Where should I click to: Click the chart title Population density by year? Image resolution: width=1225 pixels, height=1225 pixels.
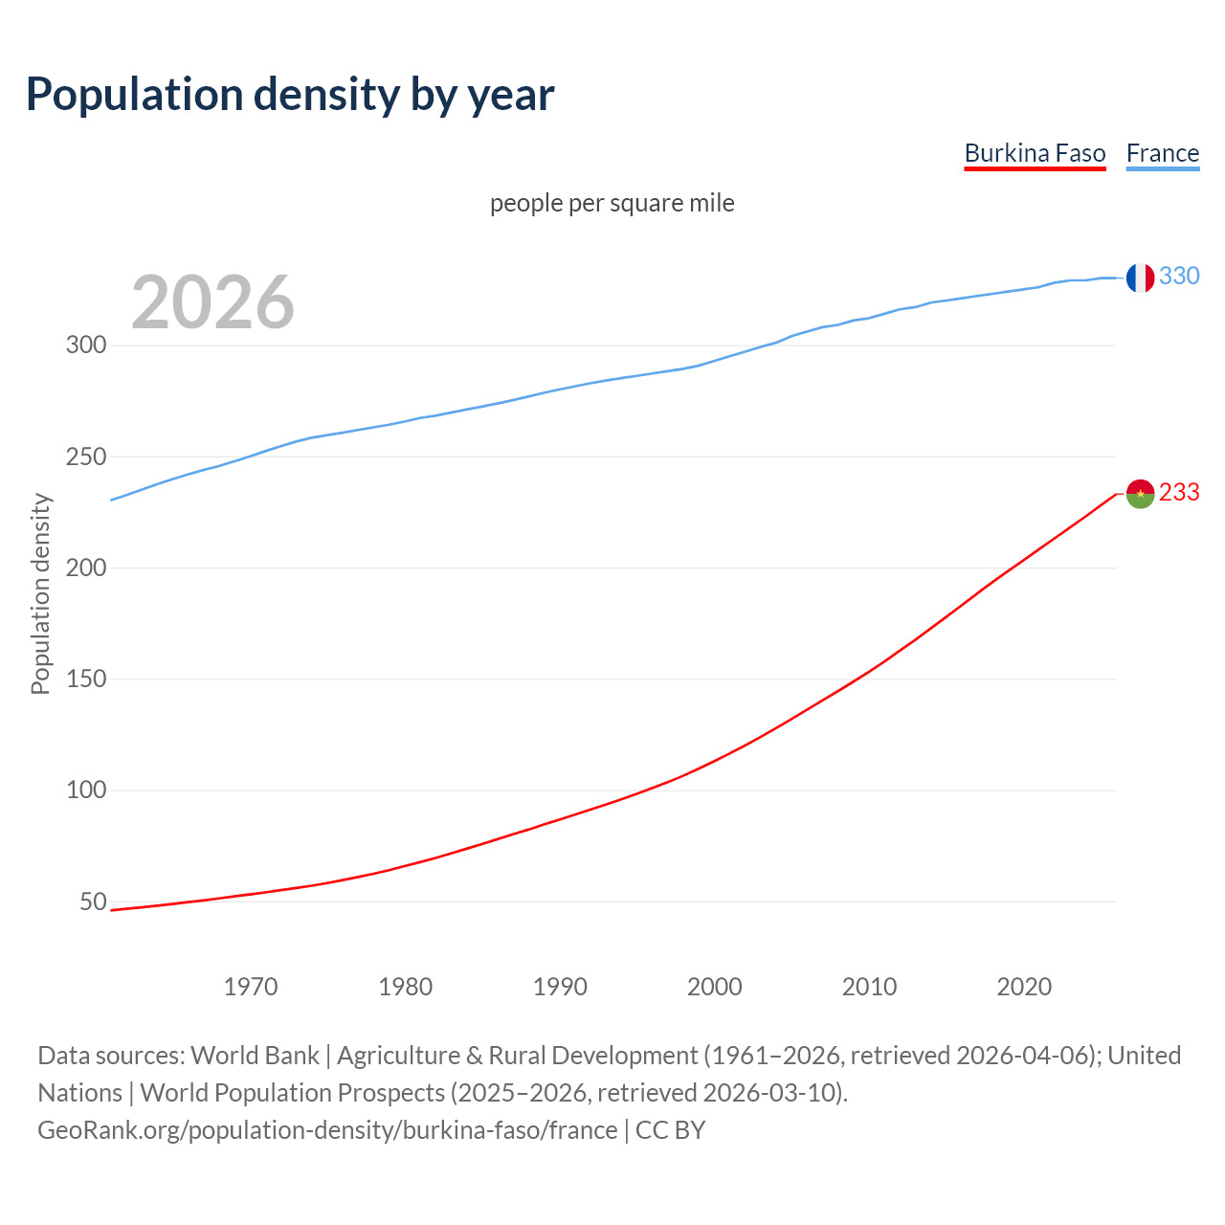coord(290,95)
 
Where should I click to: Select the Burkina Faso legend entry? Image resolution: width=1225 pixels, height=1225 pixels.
coord(1035,153)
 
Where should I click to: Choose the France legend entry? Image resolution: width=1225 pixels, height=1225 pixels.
coord(1162,153)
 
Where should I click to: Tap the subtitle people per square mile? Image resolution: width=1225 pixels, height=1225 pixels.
coord(612,203)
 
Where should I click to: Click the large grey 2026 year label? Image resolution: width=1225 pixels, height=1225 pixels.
coord(212,302)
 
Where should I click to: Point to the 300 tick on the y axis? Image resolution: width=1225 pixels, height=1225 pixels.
coord(85,345)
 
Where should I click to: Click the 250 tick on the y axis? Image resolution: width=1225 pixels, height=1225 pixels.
coord(85,457)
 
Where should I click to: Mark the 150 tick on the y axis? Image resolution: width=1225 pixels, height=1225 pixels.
coord(85,679)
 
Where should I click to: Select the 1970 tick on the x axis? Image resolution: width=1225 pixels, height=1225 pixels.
coord(251,987)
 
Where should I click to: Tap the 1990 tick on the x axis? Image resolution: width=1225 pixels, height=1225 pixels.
coord(560,987)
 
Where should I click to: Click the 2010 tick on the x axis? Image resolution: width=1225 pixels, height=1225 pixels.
coord(869,987)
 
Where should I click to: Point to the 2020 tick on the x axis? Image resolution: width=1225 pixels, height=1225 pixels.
coord(1024,987)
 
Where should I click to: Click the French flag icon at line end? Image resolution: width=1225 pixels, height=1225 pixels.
coord(1139,278)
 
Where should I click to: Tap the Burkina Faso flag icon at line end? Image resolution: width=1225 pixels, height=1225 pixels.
coord(1139,494)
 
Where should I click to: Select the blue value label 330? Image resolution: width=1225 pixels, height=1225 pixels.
coord(1179,277)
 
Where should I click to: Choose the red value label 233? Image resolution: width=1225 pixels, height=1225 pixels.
coord(1179,492)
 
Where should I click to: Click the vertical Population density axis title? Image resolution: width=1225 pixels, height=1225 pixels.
coord(40,593)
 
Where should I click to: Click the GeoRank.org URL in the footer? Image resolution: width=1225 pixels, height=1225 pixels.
coord(327,1130)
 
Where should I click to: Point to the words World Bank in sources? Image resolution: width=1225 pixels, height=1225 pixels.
coord(255,1056)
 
